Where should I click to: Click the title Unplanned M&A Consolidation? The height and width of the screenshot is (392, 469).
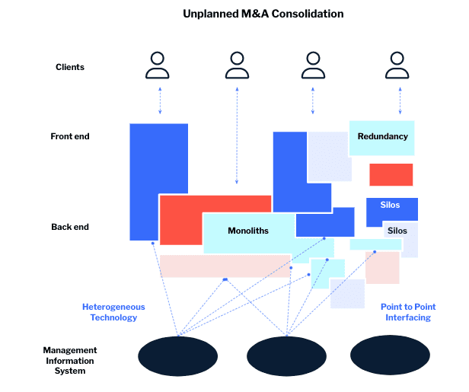pos(263,14)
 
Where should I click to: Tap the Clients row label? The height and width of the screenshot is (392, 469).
pos(70,67)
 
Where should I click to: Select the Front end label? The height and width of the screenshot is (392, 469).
pos(70,136)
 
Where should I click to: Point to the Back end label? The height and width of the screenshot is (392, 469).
pos(70,227)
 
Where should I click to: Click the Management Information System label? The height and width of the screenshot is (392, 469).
pos(70,361)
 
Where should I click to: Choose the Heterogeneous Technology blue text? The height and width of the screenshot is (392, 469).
pos(113,312)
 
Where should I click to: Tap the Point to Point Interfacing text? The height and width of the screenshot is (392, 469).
pos(408,312)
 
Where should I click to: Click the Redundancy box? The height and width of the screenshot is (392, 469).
pos(382,137)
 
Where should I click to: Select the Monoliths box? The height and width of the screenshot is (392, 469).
pos(248,231)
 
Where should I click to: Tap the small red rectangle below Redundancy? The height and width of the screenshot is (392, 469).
pos(391,174)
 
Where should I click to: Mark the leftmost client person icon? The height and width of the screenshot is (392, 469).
pos(158,65)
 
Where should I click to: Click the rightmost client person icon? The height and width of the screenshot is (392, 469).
pos(397,65)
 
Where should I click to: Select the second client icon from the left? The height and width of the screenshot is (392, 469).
pos(237,65)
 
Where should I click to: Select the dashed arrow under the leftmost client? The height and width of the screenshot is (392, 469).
pos(160,100)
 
